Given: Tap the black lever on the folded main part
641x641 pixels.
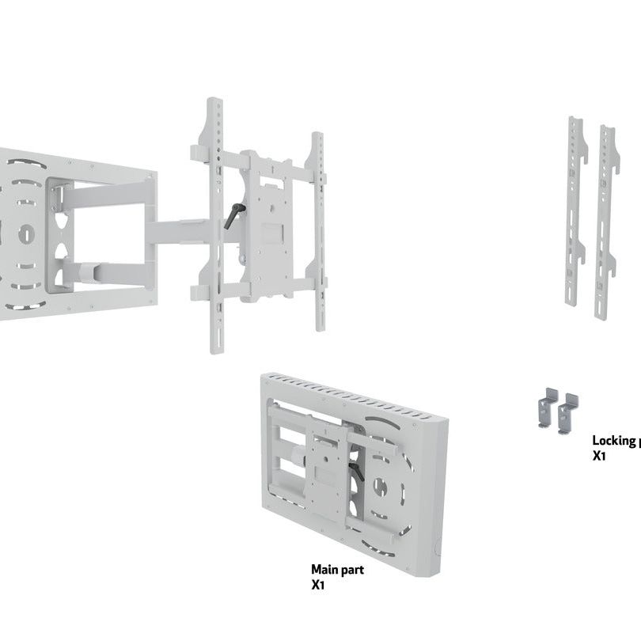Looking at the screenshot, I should click(357, 470).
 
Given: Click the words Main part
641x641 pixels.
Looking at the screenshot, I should click(337, 569).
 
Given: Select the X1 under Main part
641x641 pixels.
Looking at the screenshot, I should click(318, 586).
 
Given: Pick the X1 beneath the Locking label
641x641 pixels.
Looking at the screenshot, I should click(599, 456).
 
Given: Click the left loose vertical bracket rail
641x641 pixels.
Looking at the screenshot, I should click(575, 211).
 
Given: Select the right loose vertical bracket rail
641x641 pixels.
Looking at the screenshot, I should click(605, 222).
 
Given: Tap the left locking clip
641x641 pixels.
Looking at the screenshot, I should click(548, 407).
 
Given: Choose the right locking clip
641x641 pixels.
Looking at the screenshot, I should click(567, 413).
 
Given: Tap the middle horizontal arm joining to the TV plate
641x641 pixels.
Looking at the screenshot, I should click(178, 232).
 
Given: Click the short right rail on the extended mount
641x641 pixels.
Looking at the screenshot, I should click(318, 229).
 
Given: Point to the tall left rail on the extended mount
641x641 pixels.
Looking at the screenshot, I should click(215, 226).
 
